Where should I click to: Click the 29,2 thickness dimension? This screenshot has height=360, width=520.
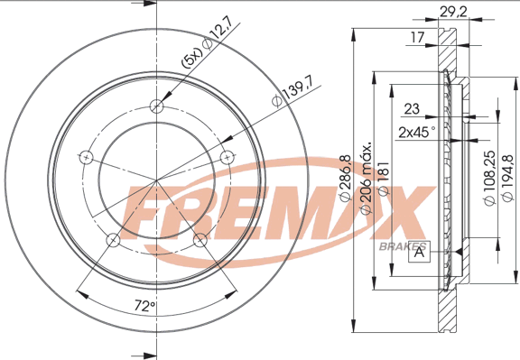(453, 12)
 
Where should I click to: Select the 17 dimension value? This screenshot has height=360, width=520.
(417, 37)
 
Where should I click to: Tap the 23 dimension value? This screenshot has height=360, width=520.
(412, 109)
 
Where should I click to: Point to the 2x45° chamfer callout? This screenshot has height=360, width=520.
(417, 133)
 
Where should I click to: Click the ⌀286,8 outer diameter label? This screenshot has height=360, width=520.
(345, 178)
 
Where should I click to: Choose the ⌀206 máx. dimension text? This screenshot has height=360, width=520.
(365, 179)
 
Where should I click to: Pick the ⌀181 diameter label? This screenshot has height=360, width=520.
(383, 179)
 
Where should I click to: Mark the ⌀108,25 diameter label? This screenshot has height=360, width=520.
(490, 178)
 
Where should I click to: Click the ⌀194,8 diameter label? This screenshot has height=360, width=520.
(507, 178)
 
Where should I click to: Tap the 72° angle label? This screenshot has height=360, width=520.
(145, 306)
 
